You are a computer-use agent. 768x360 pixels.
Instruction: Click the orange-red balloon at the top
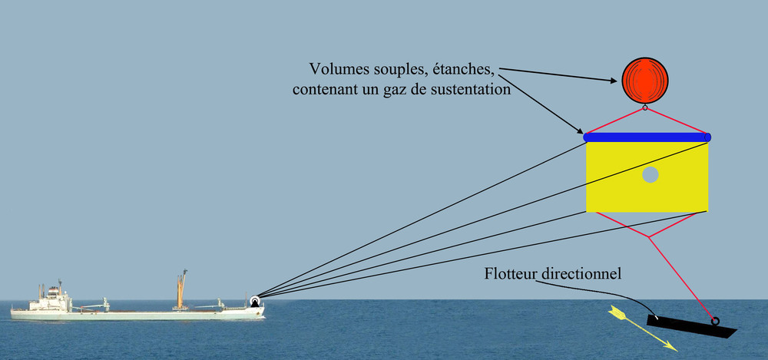coord(645,81)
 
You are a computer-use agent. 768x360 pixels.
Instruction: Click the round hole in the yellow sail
coord(650,175)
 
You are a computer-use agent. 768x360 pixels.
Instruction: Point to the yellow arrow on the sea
coord(641,328)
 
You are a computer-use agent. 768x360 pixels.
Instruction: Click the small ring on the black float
coord(716,322)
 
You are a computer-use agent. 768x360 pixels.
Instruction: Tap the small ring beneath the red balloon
coord(645,107)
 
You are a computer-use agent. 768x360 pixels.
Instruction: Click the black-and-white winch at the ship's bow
coord(255,302)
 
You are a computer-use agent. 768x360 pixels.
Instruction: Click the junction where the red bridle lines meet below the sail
coord(650,237)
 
